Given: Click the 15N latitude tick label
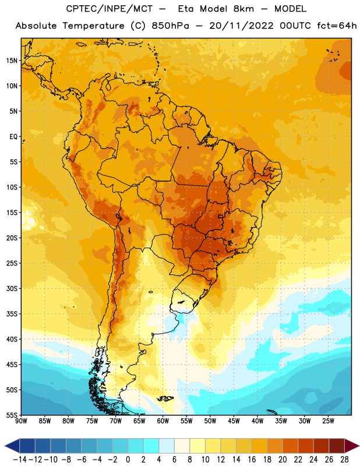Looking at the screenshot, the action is pyautogui.click(x=12, y=61).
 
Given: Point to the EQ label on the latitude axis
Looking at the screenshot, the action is pyautogui.click(x=13, y=137).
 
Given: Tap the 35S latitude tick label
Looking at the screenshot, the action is pyautogui.click(x=12, y=314).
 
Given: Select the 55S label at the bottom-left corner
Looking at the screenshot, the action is pyautogui.click(x=12, y=415).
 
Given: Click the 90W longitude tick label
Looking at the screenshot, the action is pyautogui.click(x=21, y=421).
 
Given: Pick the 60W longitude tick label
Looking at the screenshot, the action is pyautogui.click(x=163, y=421).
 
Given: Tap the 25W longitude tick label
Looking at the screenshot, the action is pyautogui.click(x=328, y=421).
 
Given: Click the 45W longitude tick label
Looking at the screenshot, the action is pyautogui.click(x=234, y=421).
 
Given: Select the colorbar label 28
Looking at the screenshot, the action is pyautogui.click(x=344, y=460).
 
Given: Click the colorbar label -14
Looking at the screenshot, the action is pyautogui.click(x=20, y=460).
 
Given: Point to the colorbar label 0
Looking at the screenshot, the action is pyautogui.click(x=128, y=460).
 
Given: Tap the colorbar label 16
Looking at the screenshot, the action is pyautogui.click(x=252, y=460).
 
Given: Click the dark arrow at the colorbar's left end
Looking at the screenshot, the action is pyautogui.click(x=12, y=446).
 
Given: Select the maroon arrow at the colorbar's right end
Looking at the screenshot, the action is pyautogui.click(x=352, y=446).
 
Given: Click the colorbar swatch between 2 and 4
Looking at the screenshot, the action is pyautogui.click(x=151, y=446).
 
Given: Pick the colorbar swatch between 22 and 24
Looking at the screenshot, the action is pyautogui.click(x=306, y=446).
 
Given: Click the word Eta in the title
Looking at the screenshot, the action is pyautogui.click(x=186, y=9).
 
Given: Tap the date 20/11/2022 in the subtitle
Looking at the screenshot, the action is pyautogui.click(x=241, y=26).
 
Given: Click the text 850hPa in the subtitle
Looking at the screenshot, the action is pyautogui.click(x=170, y=26).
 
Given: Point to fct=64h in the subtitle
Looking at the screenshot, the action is pyautogui.click(x=337, y=26).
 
